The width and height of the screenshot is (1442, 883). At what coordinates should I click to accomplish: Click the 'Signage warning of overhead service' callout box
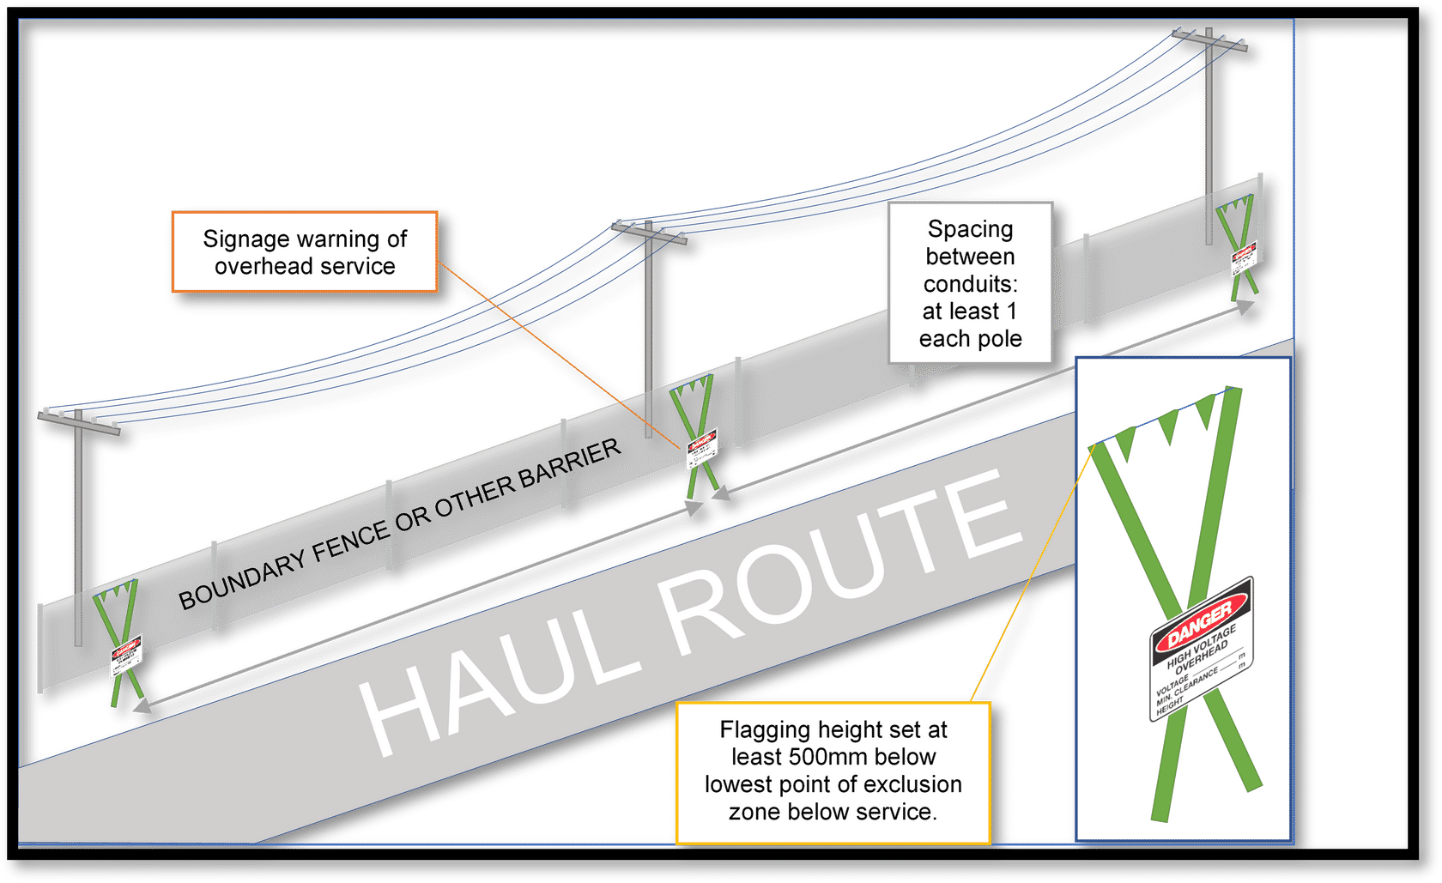coord(305,252)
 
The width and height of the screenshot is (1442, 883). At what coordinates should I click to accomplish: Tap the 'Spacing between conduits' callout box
coord(970,283)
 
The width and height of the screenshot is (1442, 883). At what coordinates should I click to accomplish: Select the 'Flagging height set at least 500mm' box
coord(833,771)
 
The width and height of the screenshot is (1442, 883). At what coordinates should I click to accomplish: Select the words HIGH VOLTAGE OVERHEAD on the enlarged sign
coord(1202,653)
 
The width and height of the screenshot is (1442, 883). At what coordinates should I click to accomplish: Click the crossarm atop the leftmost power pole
coord(79,420)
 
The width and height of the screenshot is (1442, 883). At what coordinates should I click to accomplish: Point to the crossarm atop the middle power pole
coord(650,232)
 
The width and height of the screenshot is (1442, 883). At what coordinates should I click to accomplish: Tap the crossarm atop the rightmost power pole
coord(1210,39)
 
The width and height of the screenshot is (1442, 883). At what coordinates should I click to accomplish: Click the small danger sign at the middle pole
coord(701,449)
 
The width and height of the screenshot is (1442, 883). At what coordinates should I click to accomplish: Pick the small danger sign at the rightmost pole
coord(1244,257)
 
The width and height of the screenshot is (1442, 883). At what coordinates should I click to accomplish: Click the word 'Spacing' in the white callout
coord(970,229)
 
